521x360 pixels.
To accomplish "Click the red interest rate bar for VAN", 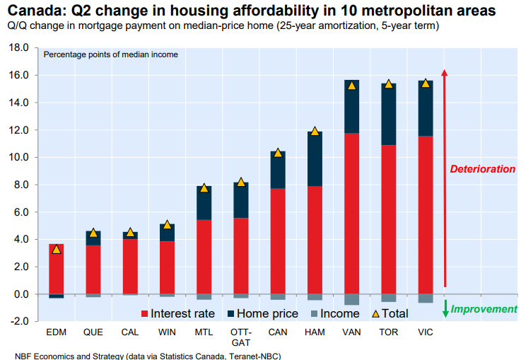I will [x=351, y=212].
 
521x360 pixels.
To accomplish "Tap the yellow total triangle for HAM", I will [x=315, y=132].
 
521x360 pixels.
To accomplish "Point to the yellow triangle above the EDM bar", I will [x=57, y=249].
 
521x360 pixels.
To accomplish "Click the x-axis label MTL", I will [x=204, y=332].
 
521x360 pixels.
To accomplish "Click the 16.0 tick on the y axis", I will [x=19, y=75].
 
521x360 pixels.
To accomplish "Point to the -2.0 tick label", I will [x=18, y=321].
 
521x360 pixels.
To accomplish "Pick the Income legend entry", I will [x=334, y=313].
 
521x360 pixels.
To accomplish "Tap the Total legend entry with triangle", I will [x=390, y=313].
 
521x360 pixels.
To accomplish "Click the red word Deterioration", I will [x=483, y=169].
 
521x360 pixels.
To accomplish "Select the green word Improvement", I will [x=484, y=309].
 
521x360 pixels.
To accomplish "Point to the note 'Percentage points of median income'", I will [x=111, y=54].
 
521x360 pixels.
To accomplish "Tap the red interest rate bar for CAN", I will [x=278, y=240].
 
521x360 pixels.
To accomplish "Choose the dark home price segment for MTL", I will [x=204, y=203].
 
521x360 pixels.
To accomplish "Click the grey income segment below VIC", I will [x=425, y=298].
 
